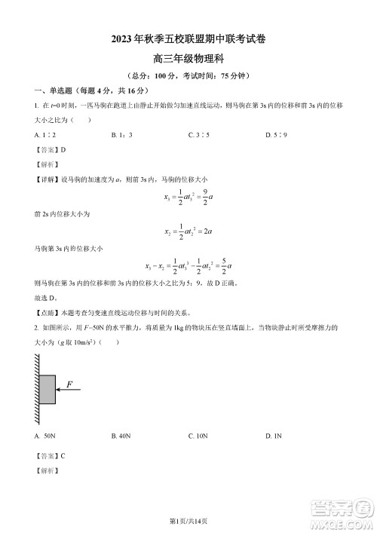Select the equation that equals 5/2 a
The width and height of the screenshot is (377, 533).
coord(188,266)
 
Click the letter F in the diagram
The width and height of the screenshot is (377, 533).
coord(69,384)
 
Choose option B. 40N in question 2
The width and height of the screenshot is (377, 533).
coord(121,437)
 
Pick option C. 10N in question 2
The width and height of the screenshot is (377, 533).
coord(198,437)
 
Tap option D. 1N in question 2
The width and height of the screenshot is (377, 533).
coord(274,437)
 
